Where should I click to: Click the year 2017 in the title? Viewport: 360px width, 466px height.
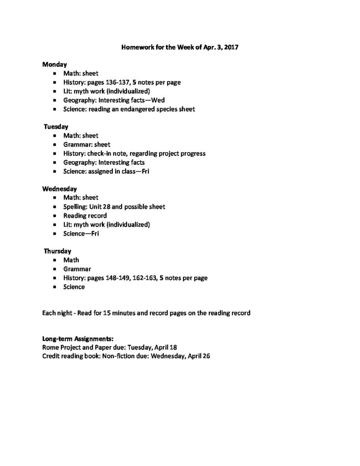tap(231, 47)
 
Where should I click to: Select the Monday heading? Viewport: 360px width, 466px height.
tap(55, 65)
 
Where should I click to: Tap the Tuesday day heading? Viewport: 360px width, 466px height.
tap(56, 127)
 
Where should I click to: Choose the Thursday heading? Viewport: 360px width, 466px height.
tap(57, 251)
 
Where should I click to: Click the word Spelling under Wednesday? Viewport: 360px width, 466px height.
tap(75, 207)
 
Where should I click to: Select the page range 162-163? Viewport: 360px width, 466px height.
tap(137, 278)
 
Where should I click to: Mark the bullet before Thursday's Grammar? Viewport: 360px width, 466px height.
tap(55, 269)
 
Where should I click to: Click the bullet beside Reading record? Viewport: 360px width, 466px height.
tap(55, 216)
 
